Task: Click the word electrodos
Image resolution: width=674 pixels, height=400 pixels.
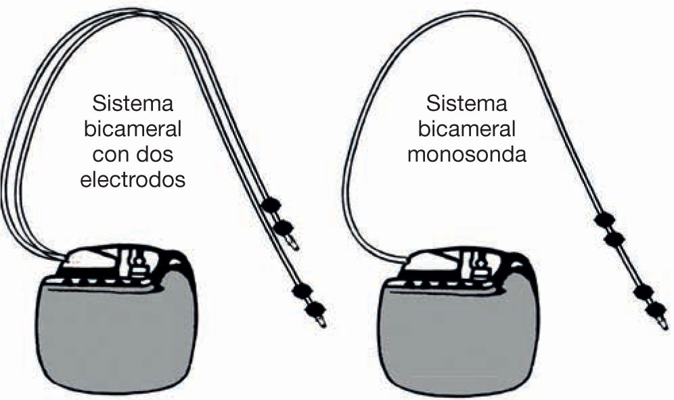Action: (x=132, y=181)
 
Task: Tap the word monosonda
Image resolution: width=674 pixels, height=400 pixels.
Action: (x=466, y=154)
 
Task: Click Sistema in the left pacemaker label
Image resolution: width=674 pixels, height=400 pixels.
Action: (x=133, y=105)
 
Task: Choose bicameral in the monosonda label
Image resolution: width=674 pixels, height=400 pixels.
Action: (x=466, y=129)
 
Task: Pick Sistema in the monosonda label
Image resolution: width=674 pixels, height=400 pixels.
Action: (x=466, y=105)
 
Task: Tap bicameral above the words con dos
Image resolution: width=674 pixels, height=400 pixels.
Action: (x=133, y=130)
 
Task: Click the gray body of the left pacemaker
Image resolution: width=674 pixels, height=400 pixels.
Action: (x=115, y=332)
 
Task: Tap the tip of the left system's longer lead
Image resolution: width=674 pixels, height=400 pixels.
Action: (x=322, y=324)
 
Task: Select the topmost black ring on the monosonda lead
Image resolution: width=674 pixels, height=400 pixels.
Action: (x=604, y=219)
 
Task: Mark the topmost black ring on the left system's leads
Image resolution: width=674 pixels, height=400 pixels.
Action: (x=271, y=204)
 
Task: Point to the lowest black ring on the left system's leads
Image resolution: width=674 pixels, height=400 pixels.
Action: (x=314, y=310)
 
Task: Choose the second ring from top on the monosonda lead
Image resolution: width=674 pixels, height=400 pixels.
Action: (x=614, y=239)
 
